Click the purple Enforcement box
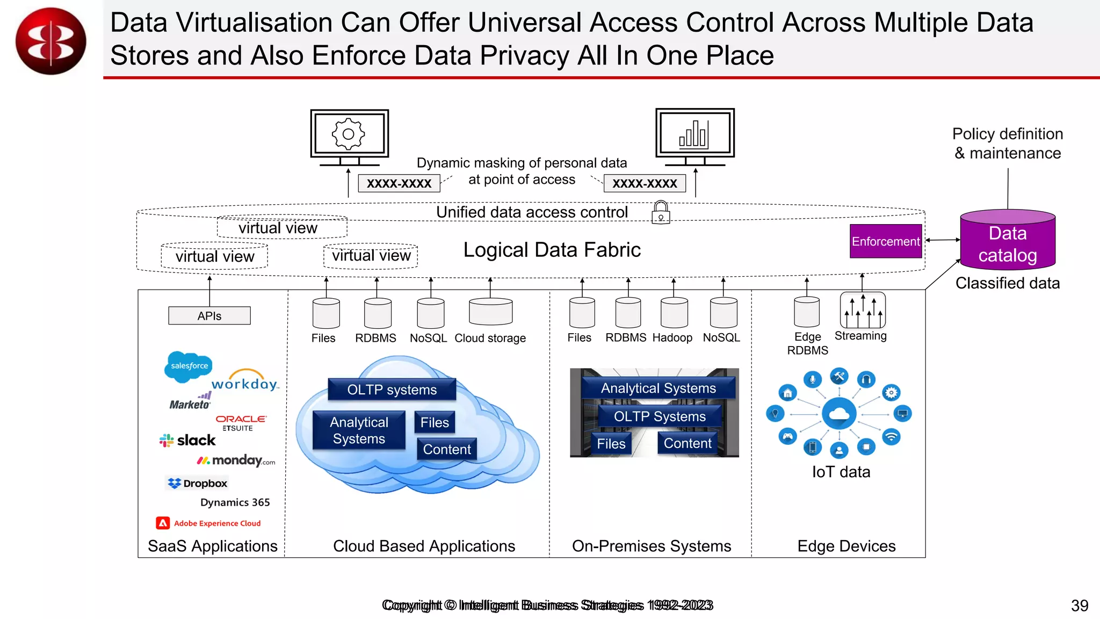(886, 241)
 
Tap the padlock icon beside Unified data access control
(661, 212)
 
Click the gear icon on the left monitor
(349, 134)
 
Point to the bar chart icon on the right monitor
(693, 134)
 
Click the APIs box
(209, 316)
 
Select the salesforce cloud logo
(189, 366)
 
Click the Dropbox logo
(198, 483)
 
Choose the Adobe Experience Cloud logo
(208, 523)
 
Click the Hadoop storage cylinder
(674, 313)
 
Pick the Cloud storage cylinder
(490, 312)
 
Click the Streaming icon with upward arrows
(863, 311)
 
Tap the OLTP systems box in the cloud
(392, 390)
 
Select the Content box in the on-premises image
(687, 443)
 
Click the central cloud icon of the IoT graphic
(839, 413)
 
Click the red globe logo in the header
(51, 41)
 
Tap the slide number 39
(1080, 606)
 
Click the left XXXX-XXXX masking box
(399, 183)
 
